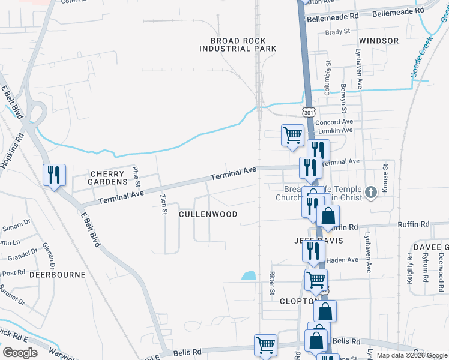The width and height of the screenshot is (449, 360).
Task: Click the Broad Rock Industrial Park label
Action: point(243,44)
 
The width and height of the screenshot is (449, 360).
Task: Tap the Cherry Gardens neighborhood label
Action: point(109,177)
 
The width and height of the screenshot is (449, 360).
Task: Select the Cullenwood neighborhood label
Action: point(208,214)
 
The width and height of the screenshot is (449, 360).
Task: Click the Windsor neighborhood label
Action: point(379,41)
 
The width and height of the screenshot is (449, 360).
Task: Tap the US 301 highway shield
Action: point(308,112)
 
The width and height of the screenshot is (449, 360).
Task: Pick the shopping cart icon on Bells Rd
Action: point(265,344)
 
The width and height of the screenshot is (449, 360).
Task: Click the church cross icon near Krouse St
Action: point(372,192)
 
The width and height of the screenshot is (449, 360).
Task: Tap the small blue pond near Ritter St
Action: point(249,276)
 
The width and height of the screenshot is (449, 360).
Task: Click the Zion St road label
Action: point(163,205)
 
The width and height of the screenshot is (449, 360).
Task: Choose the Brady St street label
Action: point(337,31)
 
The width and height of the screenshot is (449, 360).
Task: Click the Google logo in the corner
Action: point(20,353)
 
